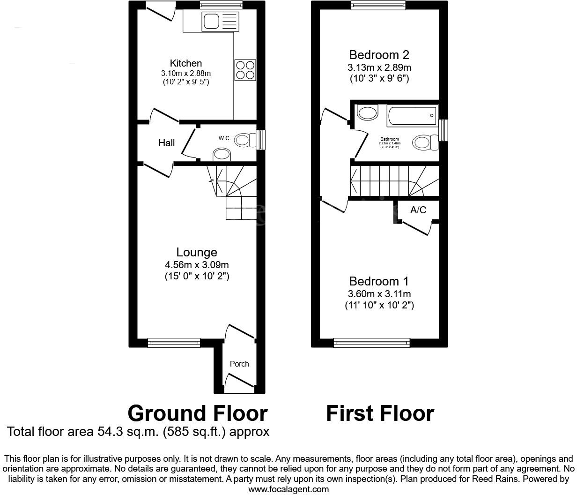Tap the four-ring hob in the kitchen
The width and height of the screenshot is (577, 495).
pyautogui.click(x=245, y=70)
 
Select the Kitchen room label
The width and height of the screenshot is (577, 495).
pyautogui.click(x=186, y=63)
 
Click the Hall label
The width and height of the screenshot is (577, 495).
pyautogui.click(x=166, y=143)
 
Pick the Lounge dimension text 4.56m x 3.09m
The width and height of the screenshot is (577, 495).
pyautogui.click(x=197, y=265)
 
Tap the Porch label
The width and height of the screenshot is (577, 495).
pyautogui.click(x=239, y=364)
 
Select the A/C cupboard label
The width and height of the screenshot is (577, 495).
pyautogui.click(x=418, y=210)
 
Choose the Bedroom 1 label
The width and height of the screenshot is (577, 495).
pyautogui.click(x=379, y=281)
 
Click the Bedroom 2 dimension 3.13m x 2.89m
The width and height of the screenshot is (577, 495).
pyautogui.click(x=379, y=67)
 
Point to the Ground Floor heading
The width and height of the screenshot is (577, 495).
pyautogui.click(x=198, y=413)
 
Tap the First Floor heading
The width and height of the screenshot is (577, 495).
pyautogui.click(x=380, y=413)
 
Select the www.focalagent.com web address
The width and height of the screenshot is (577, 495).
pyautogui.click(x=288, y=489)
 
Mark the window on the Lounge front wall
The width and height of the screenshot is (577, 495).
pyautogui.click(x=174, y=343)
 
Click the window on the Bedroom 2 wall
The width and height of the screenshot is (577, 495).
pyautogui.click(x=378, y=6)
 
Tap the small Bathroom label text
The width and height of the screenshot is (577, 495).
pyautogui.click(x=390, y=139)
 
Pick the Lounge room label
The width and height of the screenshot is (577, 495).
pyautogui.click(x=197, y=252)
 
